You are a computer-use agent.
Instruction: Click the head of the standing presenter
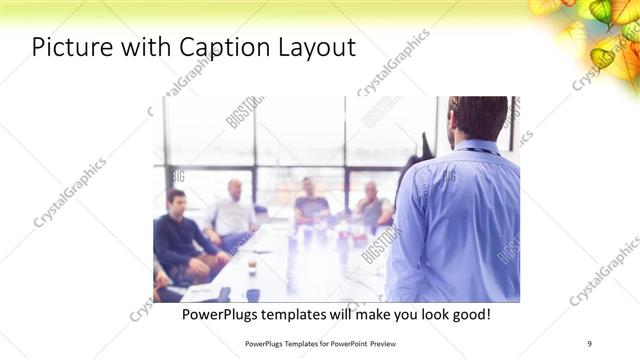pos(478,118)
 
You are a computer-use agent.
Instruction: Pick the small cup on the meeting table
pos(252,267)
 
